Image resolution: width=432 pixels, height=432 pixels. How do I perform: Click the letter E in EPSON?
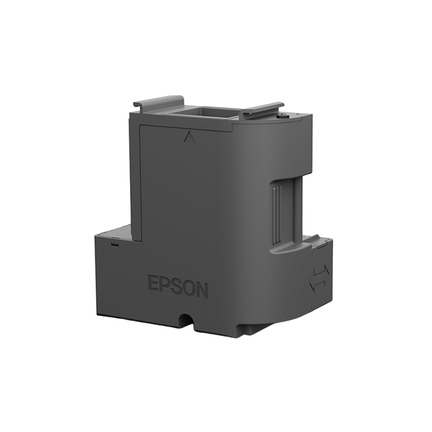tap(153, 282)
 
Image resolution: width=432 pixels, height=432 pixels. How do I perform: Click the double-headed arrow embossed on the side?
tap(319, 278)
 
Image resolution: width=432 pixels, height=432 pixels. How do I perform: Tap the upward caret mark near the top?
tap(189, 137)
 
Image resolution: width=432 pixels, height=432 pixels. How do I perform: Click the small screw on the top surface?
tap(281, 116)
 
